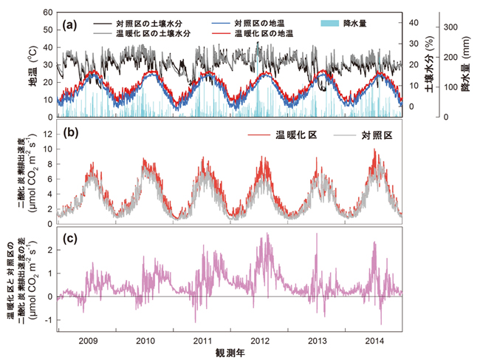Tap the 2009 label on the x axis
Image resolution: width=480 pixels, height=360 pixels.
[89, 342]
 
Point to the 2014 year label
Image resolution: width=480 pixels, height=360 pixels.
[374, 342]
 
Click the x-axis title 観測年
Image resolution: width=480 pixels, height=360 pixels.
[231, 354]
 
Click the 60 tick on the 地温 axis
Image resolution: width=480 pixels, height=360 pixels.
[48, 13]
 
